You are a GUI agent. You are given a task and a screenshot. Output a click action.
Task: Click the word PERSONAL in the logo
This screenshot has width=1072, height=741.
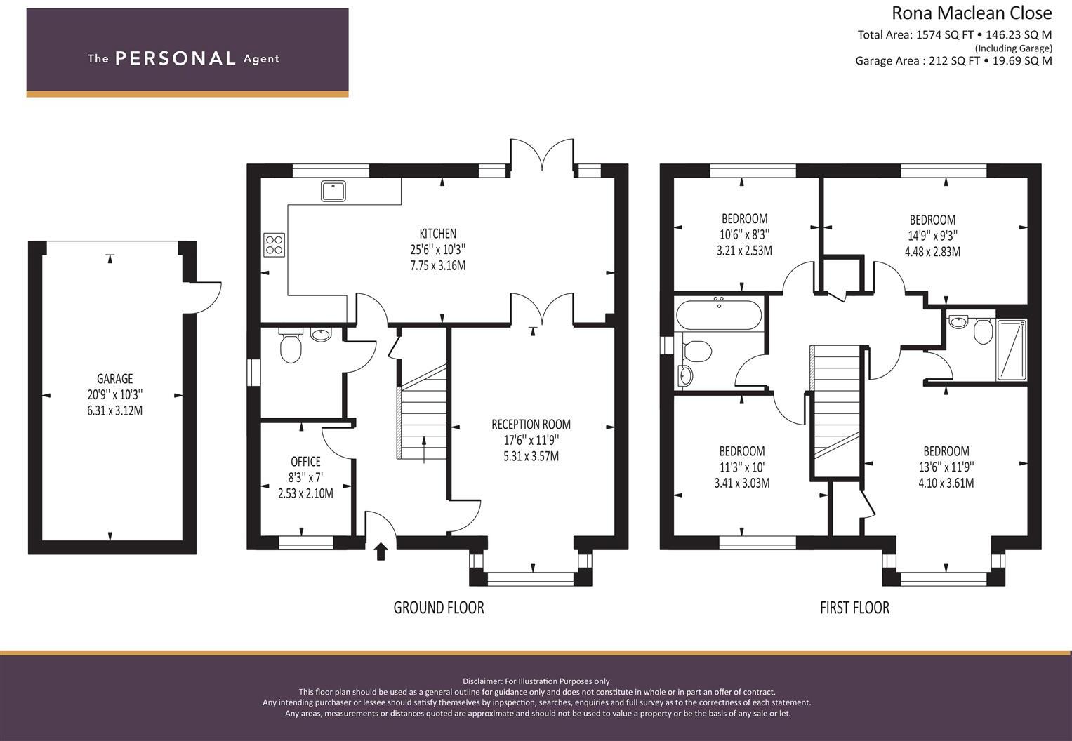[175, 58]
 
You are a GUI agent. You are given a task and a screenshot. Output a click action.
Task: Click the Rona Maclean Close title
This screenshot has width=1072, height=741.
[971, 13]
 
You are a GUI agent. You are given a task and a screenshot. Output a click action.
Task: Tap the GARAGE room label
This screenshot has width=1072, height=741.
[114, 379]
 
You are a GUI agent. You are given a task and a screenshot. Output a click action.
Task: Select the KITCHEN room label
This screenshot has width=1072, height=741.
[437, 234]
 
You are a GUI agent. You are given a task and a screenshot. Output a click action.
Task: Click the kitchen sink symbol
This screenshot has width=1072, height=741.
[333, 191]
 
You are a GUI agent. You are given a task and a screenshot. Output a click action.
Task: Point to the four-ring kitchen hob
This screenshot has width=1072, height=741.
[274, 244]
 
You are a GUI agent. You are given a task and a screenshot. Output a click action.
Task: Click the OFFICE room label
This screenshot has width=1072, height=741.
[305, 462]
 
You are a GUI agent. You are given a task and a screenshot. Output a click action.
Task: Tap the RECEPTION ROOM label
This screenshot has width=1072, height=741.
[531, 425]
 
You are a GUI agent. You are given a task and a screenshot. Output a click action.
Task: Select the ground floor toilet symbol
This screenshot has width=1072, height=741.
[289, 346]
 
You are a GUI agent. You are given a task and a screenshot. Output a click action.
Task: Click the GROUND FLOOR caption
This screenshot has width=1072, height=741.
[438, 608]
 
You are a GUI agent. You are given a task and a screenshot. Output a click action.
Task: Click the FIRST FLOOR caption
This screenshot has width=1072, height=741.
[854, 608]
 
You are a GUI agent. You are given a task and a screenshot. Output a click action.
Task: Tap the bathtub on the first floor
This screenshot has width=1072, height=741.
[717, 314]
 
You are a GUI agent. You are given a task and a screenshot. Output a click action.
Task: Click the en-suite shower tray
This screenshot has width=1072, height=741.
[1012, 349]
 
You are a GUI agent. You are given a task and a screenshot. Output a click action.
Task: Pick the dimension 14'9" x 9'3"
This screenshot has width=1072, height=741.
[932, 236]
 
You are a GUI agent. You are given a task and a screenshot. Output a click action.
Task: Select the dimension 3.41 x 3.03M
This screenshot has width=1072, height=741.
[741, 483]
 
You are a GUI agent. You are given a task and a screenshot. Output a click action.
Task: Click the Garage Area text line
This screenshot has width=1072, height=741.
[953, 61]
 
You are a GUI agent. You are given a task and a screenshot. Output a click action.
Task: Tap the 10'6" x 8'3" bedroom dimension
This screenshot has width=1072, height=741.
[744, 234]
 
